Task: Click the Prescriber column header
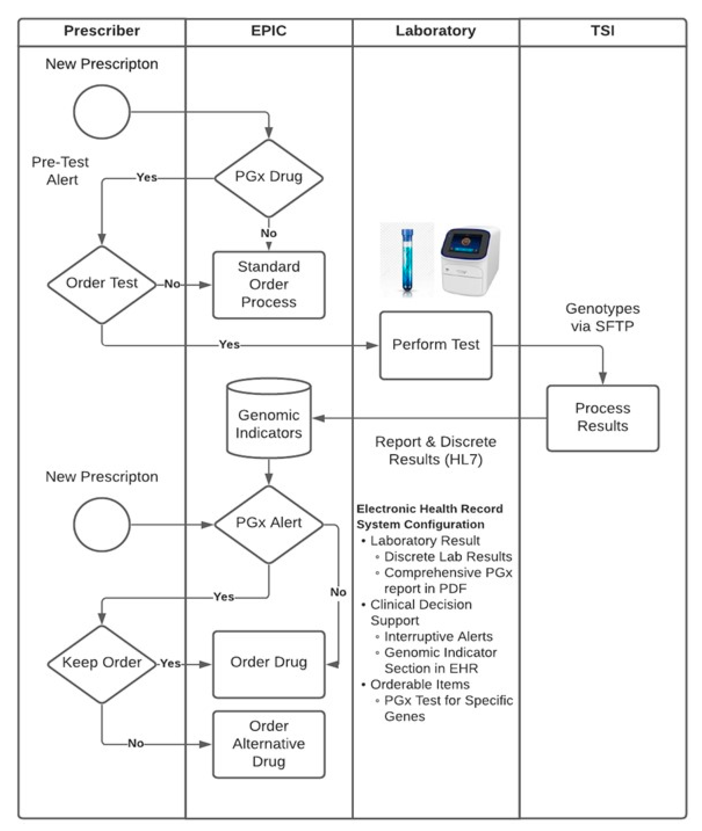tap(102, 31)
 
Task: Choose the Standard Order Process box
tap(269, 284)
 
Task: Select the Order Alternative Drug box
tap(269, 744)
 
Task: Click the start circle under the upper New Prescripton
tap(102, 112)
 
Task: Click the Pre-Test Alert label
tap(60, 171)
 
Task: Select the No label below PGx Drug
tap(269, 233)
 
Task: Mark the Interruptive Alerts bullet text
tap(438, 636)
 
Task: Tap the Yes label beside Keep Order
tap(170, 664)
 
